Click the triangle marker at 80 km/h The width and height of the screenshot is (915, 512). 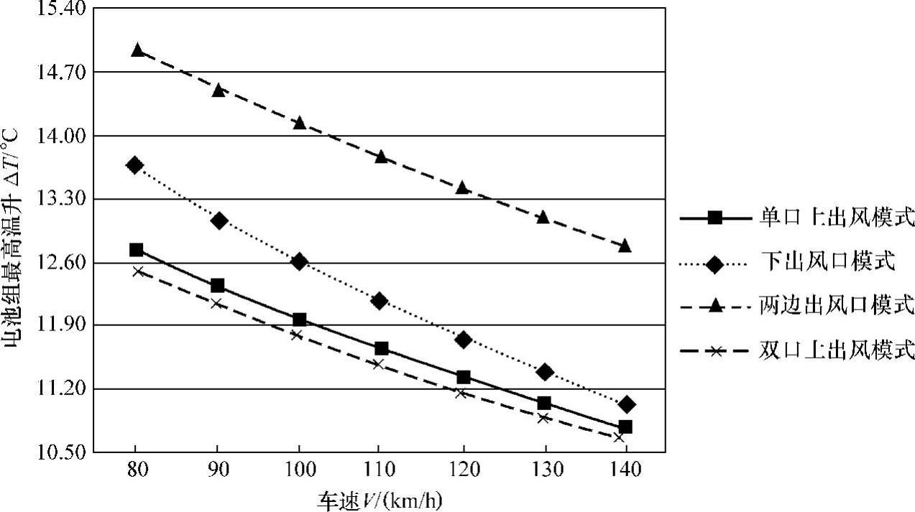point(137,50)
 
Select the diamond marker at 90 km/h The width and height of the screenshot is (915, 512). point(219,220)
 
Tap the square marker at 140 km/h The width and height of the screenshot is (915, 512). point(625,427)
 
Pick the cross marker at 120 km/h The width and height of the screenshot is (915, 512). point(461,393)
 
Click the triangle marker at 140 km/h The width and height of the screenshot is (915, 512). point(625,246)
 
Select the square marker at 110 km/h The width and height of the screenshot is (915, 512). point(381,348)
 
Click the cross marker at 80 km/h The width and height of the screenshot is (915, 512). point(137,271)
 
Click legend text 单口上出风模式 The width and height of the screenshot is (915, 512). point(836,218)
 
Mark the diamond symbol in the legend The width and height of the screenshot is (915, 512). point(714,264)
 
